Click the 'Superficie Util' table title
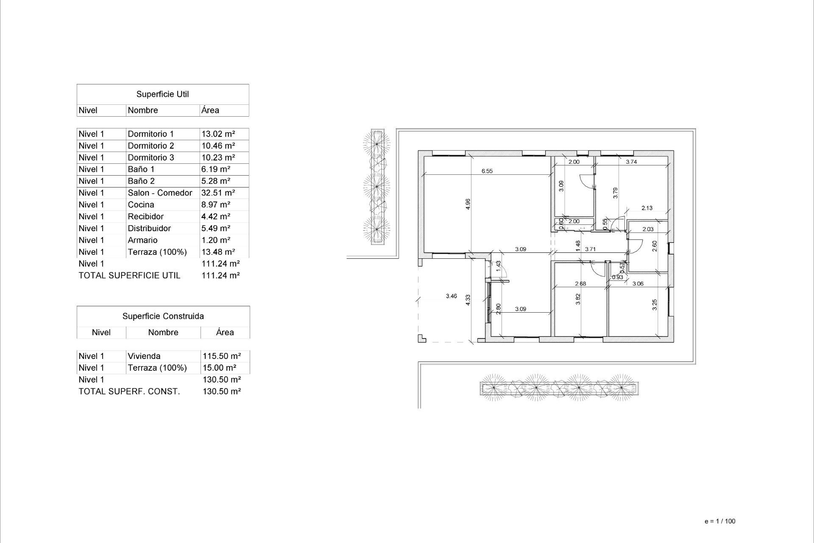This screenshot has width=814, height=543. click(162, 94)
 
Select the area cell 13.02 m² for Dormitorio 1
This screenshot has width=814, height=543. click(218, 134)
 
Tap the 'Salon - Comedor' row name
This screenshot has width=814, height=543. click(160, 193)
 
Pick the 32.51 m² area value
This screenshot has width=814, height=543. click(218, 193)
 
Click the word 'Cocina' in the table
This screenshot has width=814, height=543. click(141, 205)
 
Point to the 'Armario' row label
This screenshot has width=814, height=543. click(142, 240)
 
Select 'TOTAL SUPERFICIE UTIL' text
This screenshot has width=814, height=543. click(129, 276)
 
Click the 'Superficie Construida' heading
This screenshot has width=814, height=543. click(163, 316)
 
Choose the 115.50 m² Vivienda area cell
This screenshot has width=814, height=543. click(222, 356)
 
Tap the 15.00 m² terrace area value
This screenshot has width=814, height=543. click(219, 368)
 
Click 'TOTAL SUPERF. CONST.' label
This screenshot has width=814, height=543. click(129, 392)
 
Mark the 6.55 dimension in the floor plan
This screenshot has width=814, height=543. click(487, 171)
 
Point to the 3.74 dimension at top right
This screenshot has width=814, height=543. click(631, 162)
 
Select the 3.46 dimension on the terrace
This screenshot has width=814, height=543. click(451, 296)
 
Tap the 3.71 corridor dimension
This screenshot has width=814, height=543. click(590, 249)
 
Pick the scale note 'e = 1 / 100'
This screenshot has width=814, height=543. click(720, 521)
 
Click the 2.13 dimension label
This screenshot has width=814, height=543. click(647, 208)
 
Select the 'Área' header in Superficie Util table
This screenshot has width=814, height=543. click(210, 110)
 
